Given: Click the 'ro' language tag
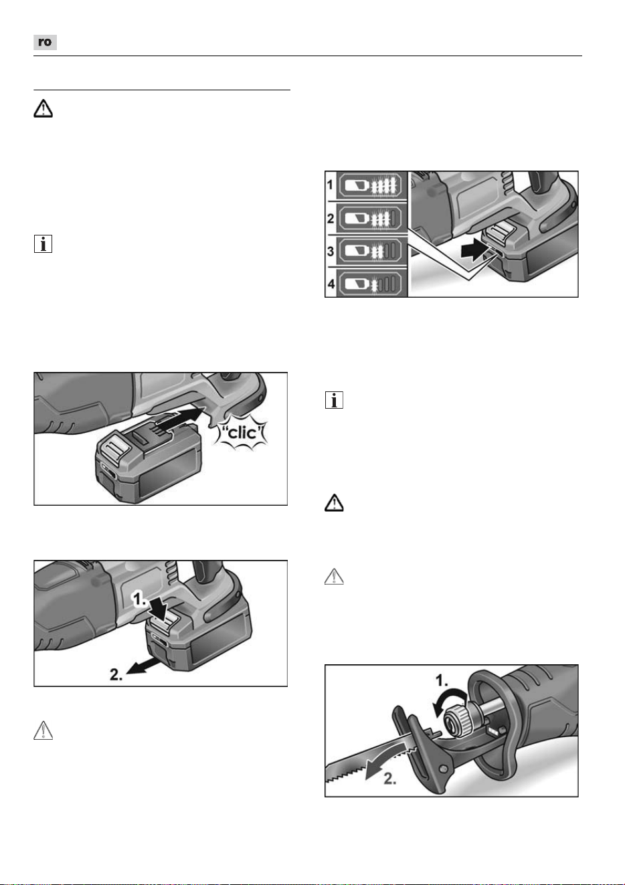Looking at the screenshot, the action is (45, 42).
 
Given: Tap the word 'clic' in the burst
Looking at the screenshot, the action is (242, 433).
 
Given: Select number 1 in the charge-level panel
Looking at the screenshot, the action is (331, 185).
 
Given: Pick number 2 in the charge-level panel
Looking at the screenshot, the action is (331, 218).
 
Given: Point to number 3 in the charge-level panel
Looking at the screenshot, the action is (331, 251).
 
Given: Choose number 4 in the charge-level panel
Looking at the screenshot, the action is (331, 284).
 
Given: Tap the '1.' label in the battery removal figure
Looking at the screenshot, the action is (140, 599).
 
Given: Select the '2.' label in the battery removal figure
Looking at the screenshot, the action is (116, 674).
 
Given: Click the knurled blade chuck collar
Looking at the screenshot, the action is (454, 720).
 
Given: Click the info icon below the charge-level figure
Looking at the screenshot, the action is (334, 400).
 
